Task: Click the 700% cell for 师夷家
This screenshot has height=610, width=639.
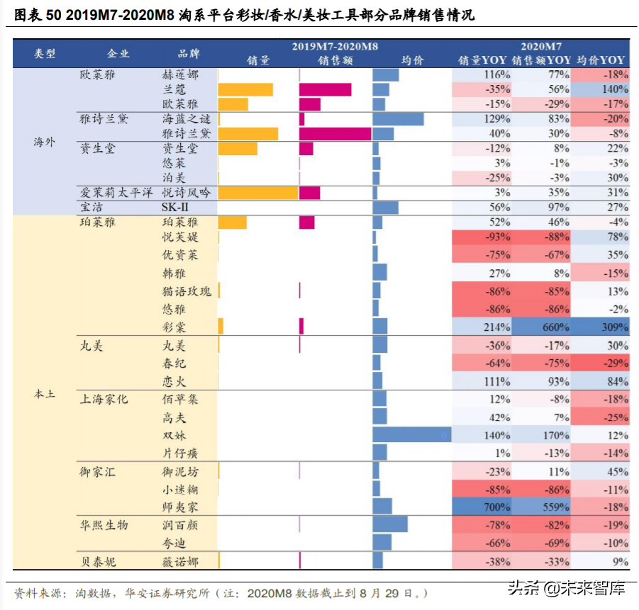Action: pos(482,507)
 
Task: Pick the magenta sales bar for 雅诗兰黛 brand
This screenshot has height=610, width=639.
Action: pos(335,134)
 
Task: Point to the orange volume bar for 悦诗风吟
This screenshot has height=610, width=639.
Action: pos(257,193)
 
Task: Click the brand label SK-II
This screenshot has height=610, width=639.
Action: pos(176,208)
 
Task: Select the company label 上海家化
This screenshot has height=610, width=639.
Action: pos(104,399)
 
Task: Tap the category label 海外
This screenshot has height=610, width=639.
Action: pos(44,142)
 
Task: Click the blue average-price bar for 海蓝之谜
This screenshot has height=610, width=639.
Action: pos(398,119)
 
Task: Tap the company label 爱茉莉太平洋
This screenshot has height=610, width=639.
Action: pos(115,193)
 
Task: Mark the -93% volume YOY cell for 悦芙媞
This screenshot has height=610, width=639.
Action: pos(482,237)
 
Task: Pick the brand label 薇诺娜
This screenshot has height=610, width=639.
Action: pos(180,562)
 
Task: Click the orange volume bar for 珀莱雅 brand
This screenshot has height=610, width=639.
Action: pos(232,222)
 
